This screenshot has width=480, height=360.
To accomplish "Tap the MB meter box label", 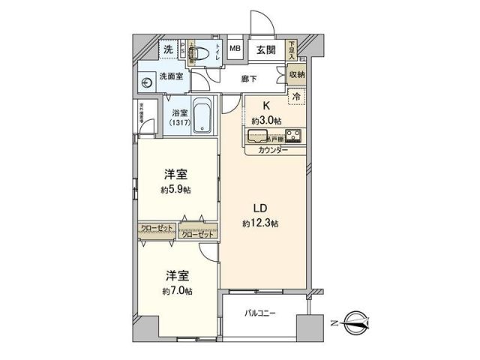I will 235,50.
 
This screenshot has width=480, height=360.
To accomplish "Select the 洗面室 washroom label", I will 170,77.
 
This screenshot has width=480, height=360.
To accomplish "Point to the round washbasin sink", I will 145,83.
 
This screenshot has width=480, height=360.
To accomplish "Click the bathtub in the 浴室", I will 202,117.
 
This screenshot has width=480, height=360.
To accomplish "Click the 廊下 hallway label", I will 248,78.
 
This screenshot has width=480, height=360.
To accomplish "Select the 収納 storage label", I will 296,75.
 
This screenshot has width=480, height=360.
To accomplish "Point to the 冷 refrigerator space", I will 295,96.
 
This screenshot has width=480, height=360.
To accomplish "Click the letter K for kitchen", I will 265,107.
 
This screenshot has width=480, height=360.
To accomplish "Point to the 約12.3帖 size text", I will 259,223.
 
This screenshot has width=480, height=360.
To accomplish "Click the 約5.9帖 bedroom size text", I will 175,190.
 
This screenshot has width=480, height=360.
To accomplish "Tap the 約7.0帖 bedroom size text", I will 175,289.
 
